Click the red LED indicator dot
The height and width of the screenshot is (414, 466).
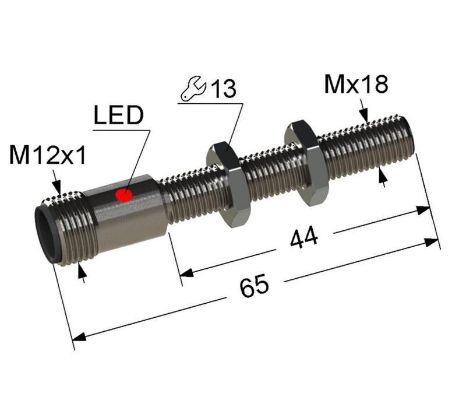tap(123, 195)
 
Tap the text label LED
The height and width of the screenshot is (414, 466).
tap(118, 116)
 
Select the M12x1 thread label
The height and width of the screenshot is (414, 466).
tap(48, 156)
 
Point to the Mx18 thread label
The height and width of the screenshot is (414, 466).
tap(355, 85)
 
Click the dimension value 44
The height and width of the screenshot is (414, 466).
tap(304, 238)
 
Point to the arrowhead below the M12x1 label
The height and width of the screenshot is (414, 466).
tap(58, 187)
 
